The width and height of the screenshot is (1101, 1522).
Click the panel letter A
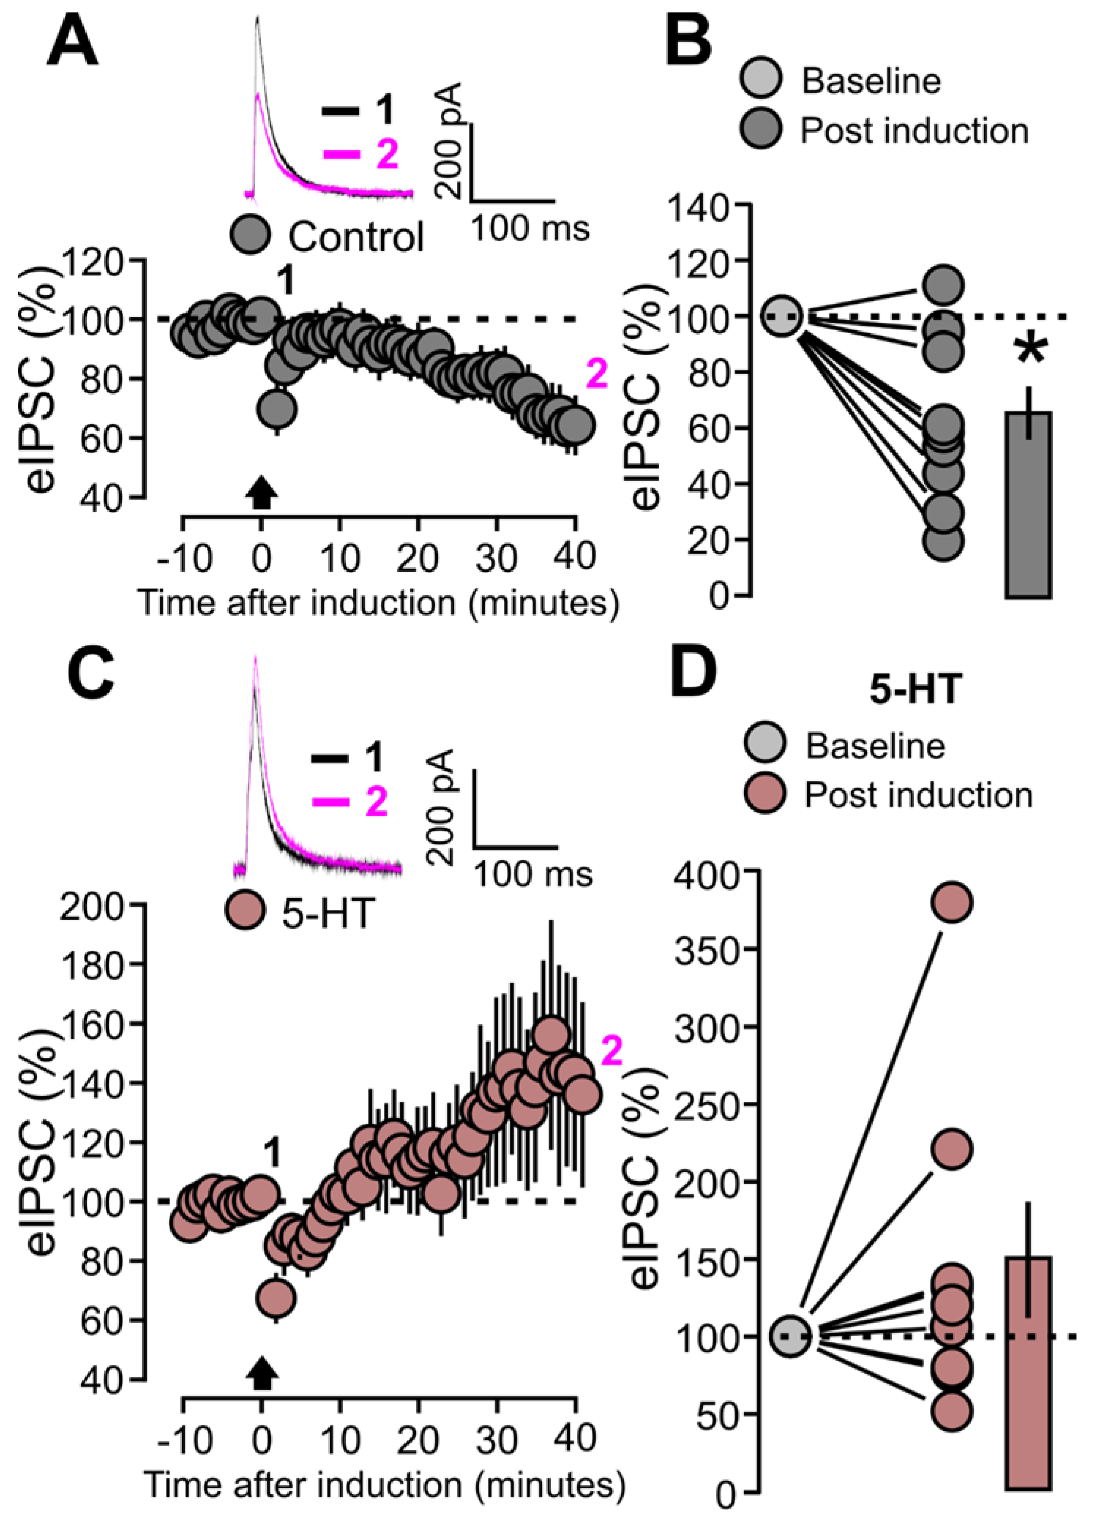[72, 42]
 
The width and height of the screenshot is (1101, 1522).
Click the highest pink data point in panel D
[952, 903]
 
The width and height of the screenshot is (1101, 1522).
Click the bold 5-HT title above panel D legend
[916, 689]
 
